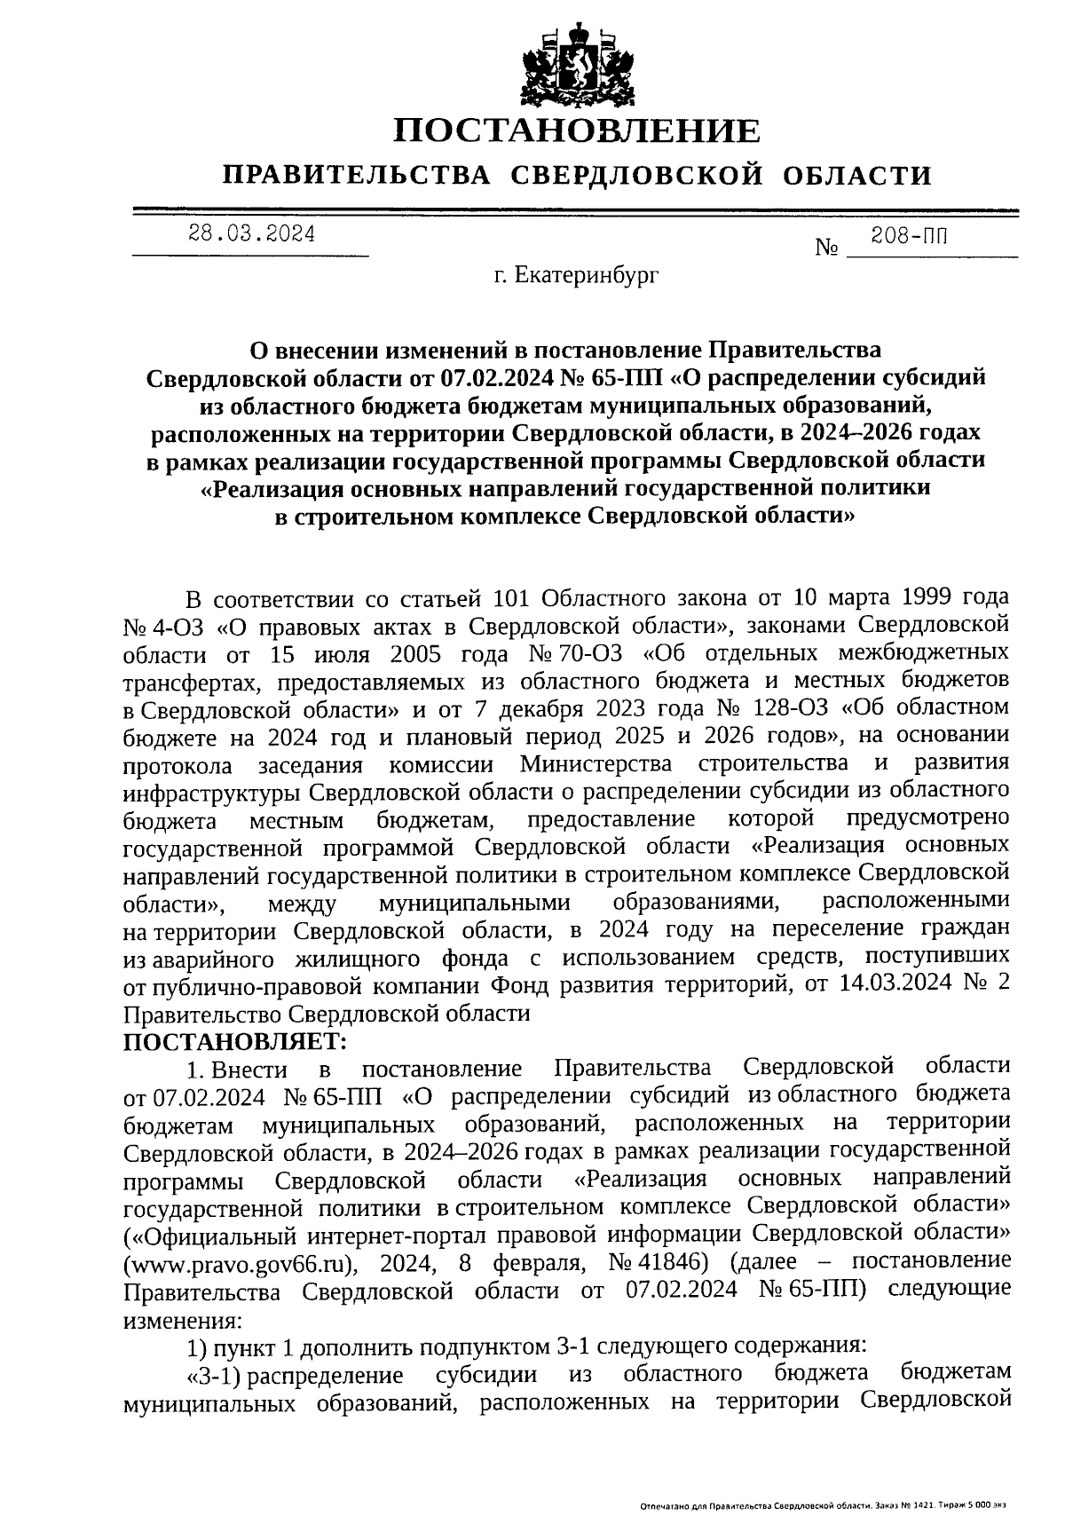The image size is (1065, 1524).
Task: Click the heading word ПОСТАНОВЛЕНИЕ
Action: pos(577,131)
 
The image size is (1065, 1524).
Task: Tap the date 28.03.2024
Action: pos(251,234)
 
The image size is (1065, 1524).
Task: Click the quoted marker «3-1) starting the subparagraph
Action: pos(214,1375)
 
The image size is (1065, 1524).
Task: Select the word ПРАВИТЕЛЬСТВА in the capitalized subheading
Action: pos(357,175)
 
